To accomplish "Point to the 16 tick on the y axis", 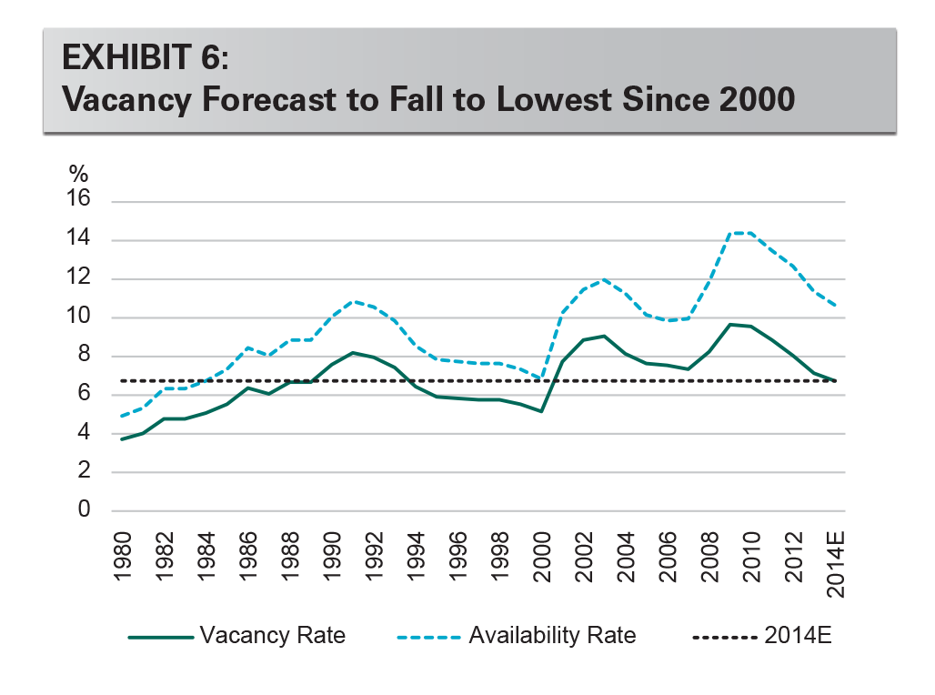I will (x=79, y=201).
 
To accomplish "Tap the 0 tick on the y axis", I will (x=85, y=510).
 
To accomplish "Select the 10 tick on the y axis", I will (x=79, y=317).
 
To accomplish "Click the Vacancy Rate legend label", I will (x=273, y=635).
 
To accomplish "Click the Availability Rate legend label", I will (x=552, y=635).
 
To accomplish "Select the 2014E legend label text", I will (x=799, y=635).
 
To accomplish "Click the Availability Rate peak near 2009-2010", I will (x=739, y=233).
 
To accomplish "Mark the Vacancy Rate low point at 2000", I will (x=540, y=411).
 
